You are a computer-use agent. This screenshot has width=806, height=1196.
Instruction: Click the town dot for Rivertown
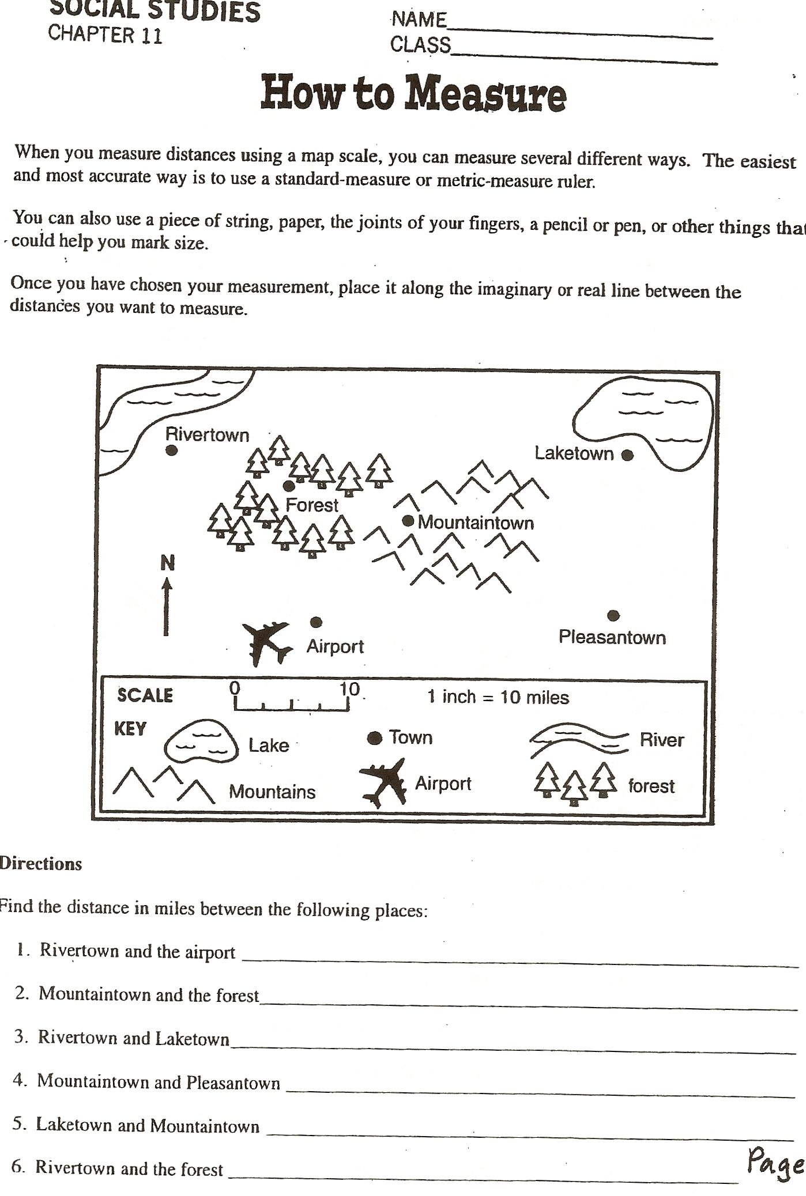point(171,451)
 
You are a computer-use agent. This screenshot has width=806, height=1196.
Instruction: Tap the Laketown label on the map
point(574,453)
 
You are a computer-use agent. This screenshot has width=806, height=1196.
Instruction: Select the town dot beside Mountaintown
point(408,521)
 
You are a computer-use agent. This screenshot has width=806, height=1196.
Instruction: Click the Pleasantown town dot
point(613,616)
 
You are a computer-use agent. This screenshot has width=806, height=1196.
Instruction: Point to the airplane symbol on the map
point(266,643)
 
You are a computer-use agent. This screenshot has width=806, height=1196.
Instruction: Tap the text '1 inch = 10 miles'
point(498,697)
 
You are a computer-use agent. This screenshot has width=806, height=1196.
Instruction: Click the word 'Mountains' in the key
point(272,792)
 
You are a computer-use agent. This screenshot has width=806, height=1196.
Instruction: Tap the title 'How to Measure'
point(413,93)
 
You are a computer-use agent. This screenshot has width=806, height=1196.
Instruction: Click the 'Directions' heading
point(40,864)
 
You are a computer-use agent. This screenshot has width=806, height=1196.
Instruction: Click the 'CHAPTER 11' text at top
point(105,34)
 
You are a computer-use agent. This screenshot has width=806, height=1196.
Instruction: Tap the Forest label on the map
point(311,505)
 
